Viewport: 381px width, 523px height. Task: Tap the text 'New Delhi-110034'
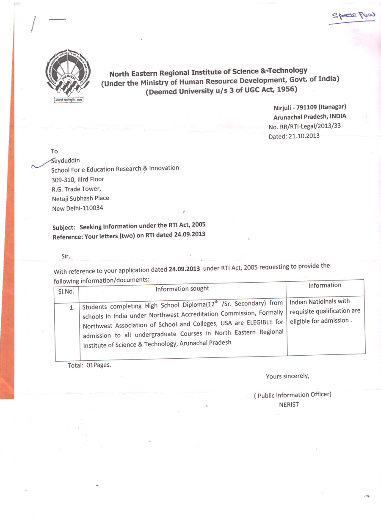coord(77,208)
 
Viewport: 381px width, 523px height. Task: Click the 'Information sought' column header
coord(182,289)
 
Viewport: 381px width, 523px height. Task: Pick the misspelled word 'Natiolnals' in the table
coord(322,302)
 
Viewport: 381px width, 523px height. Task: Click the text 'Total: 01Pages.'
coord(89,365)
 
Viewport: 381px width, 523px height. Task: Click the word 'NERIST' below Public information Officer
coord(289,404)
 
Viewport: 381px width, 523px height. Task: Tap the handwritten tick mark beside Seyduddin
coord(42,163)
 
